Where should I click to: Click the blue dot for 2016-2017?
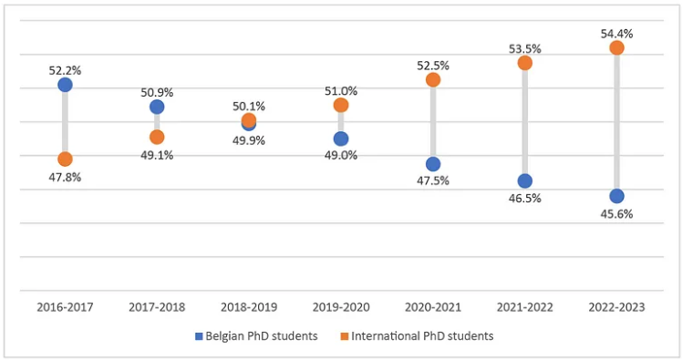65,85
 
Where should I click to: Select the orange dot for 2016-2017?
65,159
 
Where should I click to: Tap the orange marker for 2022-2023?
616,47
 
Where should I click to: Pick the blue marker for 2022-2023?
616,196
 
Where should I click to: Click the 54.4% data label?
616,34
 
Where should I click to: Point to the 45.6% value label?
616,214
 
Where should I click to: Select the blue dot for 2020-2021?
433,164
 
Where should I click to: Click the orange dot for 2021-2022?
525,63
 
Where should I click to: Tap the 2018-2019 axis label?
249,307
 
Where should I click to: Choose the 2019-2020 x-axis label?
341,307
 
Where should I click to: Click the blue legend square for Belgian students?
199,336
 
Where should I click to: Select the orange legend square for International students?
345,336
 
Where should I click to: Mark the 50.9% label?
157,92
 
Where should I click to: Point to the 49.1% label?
157,155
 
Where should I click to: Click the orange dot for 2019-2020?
341,105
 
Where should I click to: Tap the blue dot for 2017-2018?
157,107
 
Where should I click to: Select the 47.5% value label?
433,180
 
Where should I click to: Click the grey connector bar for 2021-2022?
525,122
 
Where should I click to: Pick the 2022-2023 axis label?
616,307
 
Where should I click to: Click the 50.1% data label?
249,106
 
